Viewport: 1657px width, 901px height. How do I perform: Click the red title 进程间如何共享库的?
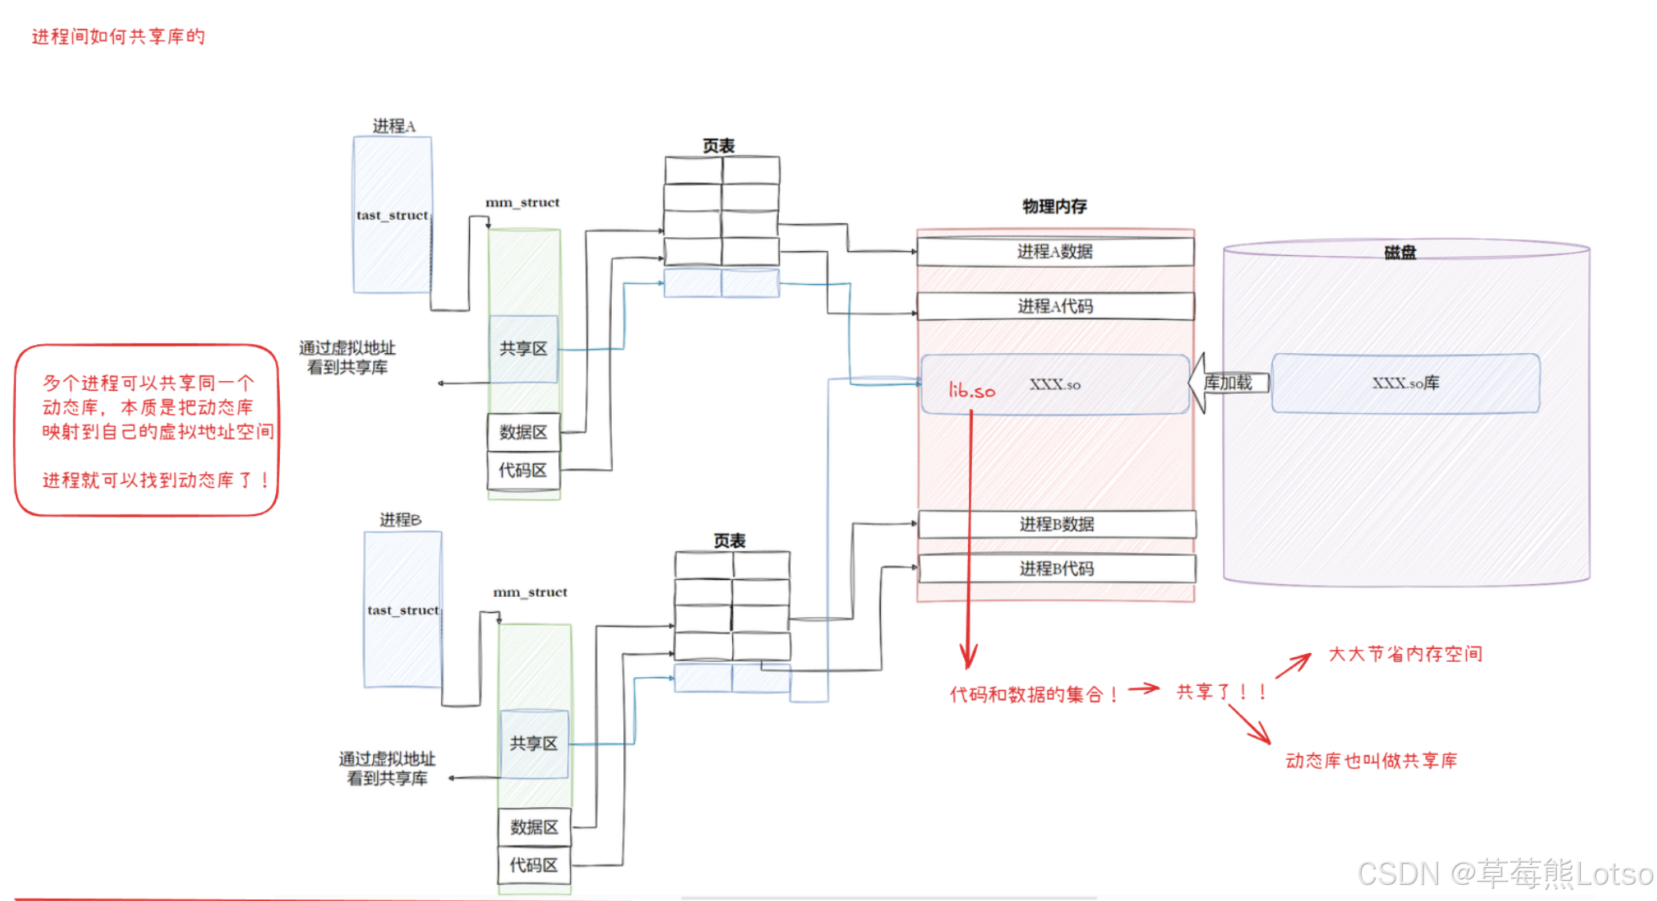(x=118, y=37)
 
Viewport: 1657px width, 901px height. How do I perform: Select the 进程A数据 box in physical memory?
(x=1055, y=252)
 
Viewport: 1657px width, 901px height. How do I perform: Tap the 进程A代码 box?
(x=1055, y=306)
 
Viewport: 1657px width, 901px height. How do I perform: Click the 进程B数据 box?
(x=1056, y=525)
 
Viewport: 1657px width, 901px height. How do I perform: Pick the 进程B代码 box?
(x=1056, y=569)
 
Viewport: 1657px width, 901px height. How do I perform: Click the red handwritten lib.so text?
(x=971, y=391)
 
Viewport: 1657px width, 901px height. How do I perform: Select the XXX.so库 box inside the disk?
(x=1405, y=384)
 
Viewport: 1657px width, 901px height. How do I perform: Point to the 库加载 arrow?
(x=1228, y=384)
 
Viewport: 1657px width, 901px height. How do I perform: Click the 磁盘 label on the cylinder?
(x=1400, y=253)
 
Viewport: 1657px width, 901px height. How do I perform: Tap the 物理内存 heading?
(x=1054, y=207)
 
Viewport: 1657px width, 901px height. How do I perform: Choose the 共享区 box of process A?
(x=523, y=349)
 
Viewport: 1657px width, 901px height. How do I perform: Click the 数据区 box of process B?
(x=533, y=827)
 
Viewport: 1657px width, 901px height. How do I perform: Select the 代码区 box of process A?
(x=523, y=471)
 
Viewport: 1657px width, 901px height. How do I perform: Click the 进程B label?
(x=399, y=520)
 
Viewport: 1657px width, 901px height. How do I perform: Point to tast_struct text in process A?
(x=392, y=215)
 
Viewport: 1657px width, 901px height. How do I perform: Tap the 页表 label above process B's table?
(x=729, y=541)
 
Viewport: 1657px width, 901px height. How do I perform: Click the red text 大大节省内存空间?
(x=1404, y=654)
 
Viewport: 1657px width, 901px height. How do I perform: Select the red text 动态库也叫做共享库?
(x=1371, y=761)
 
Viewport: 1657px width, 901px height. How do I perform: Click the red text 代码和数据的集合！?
(x=1033, y=695)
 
